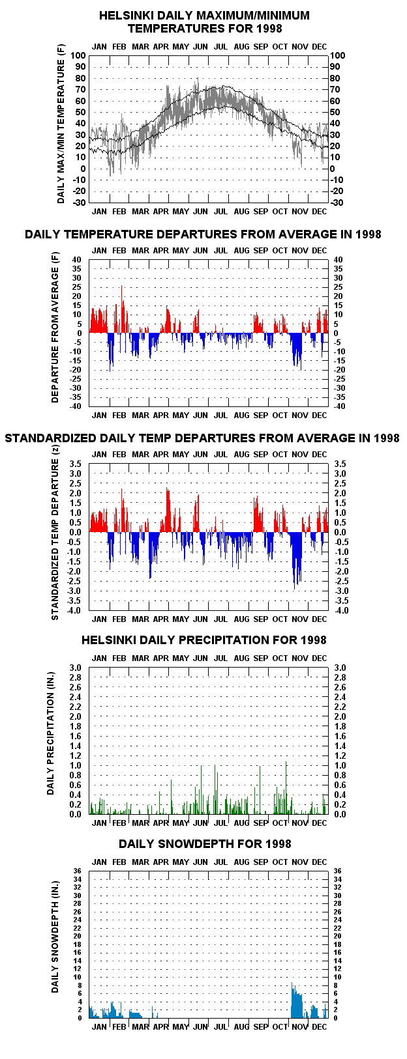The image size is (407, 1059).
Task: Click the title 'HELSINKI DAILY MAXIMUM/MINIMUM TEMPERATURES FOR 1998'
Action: point(204,22)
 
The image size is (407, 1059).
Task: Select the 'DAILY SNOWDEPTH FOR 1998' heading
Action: point(205,844)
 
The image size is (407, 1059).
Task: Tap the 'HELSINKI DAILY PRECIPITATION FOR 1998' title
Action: point(204,640)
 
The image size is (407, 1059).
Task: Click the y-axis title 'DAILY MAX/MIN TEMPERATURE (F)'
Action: point(61,125)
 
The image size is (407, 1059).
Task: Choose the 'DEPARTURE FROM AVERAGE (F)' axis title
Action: point(55,327)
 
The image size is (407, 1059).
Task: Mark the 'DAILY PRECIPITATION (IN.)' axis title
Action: point(51,733)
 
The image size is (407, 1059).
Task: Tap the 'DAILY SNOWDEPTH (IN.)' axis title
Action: point(55,937)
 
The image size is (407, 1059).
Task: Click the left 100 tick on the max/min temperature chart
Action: point(78,55)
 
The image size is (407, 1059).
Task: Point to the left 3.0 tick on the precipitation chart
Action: point(76,668)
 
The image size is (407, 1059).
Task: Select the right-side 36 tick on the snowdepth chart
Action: point(338,871)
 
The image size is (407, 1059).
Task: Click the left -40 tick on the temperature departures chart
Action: point(76,406)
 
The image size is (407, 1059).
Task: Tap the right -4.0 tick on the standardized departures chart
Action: point(340,610)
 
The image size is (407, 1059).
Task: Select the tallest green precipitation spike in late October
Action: point(286,787)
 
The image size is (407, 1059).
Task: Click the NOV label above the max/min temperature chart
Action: point(300,46)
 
